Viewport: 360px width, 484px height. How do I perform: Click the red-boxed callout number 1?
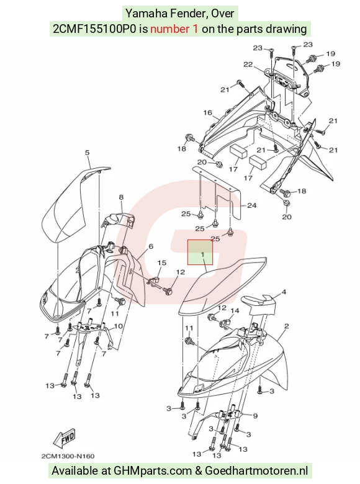(x=203, y=254)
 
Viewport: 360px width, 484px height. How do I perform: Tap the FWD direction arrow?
(x=64, y=438)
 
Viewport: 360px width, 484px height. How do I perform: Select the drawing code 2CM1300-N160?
(x=68, y=456)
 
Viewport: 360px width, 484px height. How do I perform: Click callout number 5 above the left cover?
(x=87, y=153)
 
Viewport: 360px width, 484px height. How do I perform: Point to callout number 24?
(x=251, y=205)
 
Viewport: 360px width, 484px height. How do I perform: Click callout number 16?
(x=207, y=113)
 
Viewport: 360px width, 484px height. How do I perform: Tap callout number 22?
(x=248, y=64)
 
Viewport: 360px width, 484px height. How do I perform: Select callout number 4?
(x=284, y=292)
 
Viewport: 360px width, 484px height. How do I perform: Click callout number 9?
(x=255, y=416)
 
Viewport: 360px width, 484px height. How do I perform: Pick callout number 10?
(x=119, y=326)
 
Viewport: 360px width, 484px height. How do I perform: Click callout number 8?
(x=121, y=197)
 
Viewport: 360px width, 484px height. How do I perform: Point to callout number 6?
(x=151, y=246)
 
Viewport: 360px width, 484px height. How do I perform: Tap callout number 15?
(x=162, y=262)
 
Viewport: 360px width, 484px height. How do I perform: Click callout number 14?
(x=235, y=310)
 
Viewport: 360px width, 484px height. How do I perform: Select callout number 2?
(x=287, y=326)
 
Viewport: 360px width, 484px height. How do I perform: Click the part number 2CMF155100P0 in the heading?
(x=94, y=29)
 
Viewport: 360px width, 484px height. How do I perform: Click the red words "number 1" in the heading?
(x=174, y=29)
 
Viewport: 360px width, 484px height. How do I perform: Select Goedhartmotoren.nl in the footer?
(x=256, y=471)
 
